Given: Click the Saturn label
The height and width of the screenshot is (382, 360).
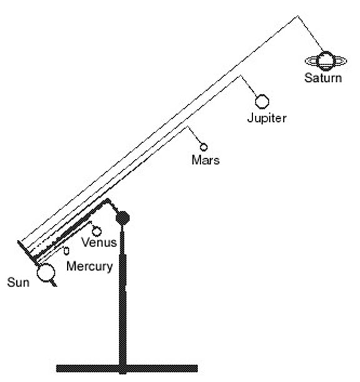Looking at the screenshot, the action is point(323,78).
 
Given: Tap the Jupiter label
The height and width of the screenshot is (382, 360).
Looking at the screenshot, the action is point(267,118).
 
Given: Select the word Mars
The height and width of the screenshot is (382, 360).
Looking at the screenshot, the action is point(206,160).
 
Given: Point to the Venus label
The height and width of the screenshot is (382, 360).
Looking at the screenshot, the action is point(99,243).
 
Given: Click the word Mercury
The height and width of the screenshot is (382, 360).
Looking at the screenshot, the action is point(89,266).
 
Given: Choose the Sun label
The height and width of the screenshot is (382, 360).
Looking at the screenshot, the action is point(18,283).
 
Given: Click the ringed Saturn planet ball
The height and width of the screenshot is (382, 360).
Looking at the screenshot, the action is point(326,61).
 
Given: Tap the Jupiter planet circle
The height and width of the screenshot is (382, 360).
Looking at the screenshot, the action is point(262,101).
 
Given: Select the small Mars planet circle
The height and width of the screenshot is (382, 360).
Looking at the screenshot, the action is point(204,147).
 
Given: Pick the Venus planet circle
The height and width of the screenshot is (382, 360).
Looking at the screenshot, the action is point(97,231).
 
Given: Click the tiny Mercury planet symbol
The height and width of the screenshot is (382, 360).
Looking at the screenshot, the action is point(66,251).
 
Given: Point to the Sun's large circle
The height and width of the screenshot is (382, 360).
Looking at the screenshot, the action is point(46,273).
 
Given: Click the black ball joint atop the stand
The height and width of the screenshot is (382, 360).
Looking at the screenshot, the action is point(122,218).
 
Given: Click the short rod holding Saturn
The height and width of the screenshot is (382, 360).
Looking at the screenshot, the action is point(311,34).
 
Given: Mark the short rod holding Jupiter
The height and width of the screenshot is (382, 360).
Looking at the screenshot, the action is point(249,86).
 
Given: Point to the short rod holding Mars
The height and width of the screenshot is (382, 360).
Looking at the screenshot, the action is point(194,135).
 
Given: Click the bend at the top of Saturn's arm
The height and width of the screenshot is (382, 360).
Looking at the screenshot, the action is point(297,16).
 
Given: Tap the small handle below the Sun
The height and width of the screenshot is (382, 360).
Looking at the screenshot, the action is point(54,283).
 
